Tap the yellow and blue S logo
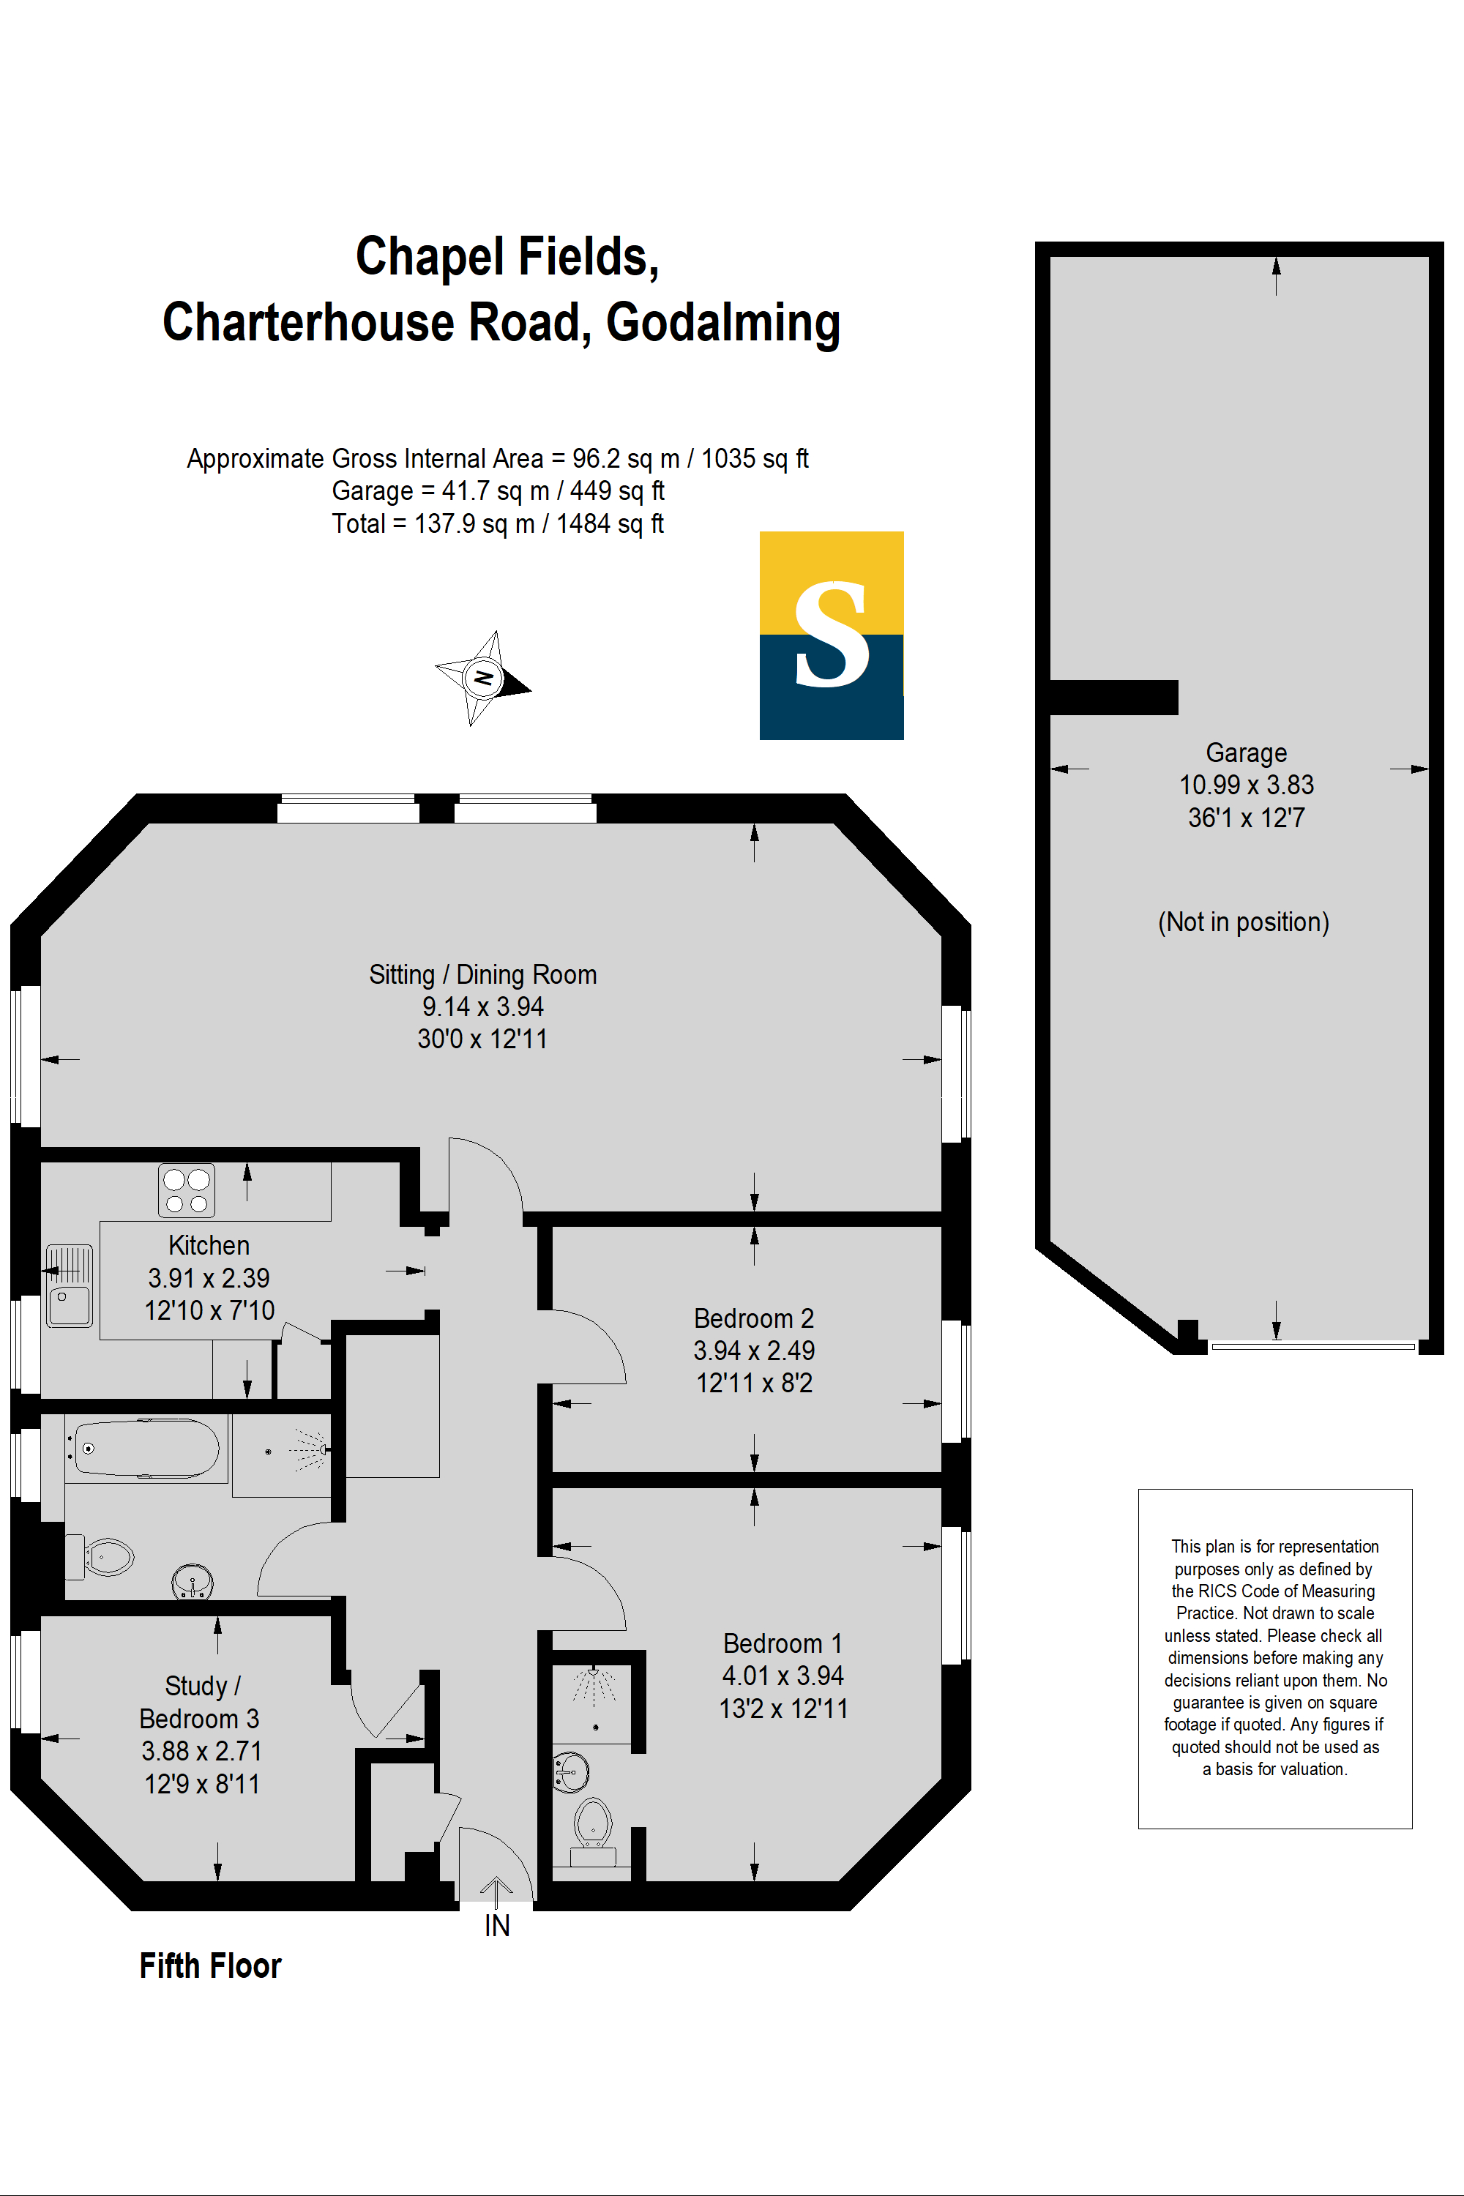coord(831,635)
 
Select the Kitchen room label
coord(209,1246)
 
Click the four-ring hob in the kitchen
coord(187,1189)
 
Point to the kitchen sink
coord(69,1285)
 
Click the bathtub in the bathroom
coord(146,1448)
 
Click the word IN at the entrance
coord(497,1925)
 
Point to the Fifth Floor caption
coord(210,1965)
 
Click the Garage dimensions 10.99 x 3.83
coord(1247,784)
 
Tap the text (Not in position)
coord(1244,922)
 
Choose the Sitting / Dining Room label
coord(482,975)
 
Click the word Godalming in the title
coord(724,323)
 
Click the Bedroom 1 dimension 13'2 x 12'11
coord(783,1708)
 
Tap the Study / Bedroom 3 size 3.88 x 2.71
coord(202,1751)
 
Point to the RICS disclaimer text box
coord(1274,1658)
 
